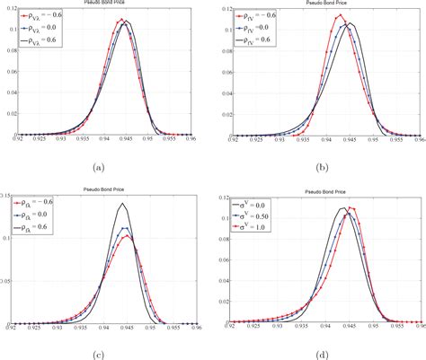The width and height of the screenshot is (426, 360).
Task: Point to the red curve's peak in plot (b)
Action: point(338,15)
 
